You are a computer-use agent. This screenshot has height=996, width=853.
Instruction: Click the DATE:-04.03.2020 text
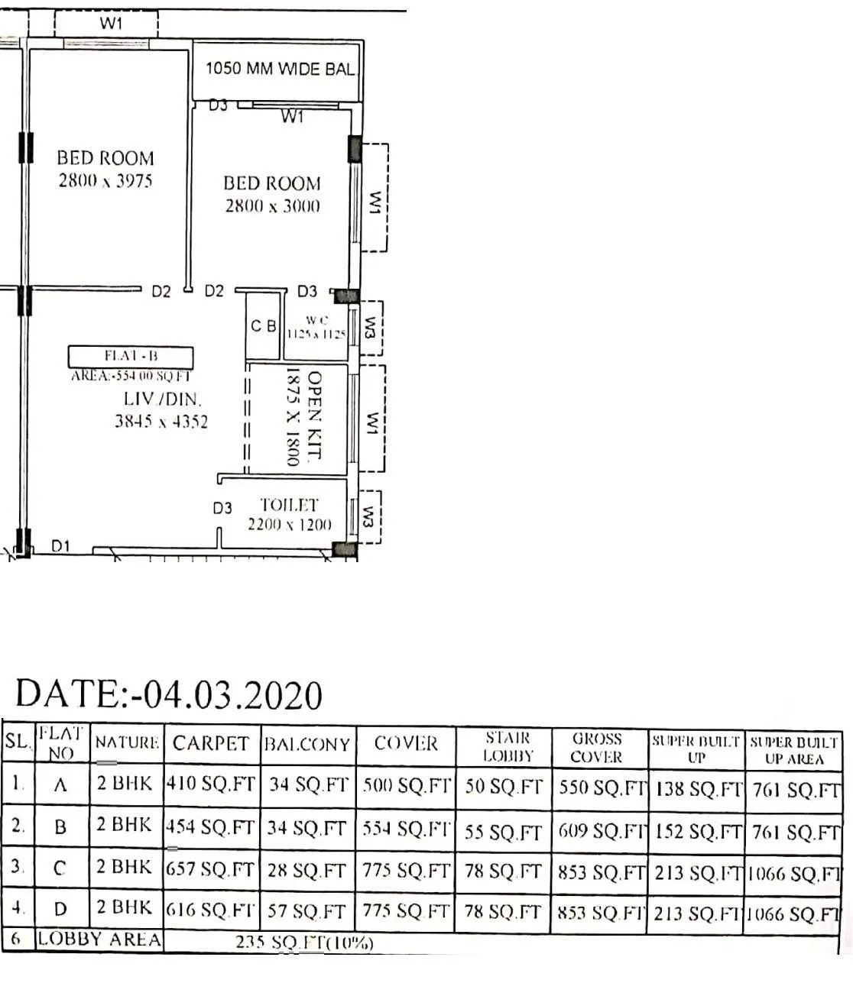(x=169, y=694)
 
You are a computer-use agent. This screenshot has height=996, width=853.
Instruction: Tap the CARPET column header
(x=211, y=744)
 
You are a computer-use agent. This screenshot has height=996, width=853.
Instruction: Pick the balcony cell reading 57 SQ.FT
(x=307, y=911)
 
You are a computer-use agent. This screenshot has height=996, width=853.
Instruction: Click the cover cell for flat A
(x=406, y=785)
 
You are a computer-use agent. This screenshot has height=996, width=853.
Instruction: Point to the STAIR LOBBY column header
(x=503, y=748)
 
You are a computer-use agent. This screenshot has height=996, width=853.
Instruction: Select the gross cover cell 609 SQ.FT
(x=601, y=830)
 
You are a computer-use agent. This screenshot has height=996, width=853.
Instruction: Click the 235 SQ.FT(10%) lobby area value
(x=305, y=943)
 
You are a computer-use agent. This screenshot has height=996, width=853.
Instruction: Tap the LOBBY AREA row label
(x=99, y=939)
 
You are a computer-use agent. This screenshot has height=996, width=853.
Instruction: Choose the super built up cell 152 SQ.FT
(x=696, y=831)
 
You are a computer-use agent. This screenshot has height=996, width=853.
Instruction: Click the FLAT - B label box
(x=130, y=357)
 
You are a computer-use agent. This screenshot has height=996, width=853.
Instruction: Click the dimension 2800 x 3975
(x=105, y=181)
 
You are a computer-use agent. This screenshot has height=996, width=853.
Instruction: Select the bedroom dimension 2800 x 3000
(x=272, y=206)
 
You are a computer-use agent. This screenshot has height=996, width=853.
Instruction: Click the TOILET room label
(x=289, y=505)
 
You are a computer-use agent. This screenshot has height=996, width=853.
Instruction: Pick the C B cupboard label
(x=264, y=326)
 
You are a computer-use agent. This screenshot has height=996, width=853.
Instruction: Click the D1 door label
(x=61, y=546)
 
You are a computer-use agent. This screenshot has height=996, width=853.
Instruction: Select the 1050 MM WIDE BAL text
(x=280, y=69)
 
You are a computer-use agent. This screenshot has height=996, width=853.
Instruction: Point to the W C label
(x=316, y=320)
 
